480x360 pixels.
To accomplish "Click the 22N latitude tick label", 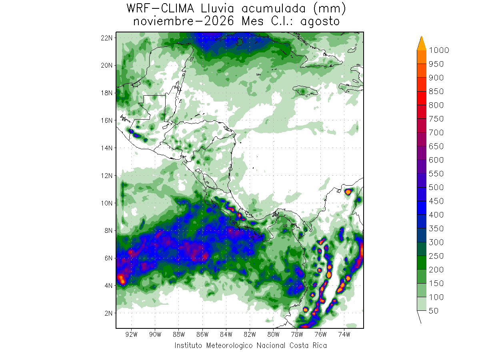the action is pos(106,38).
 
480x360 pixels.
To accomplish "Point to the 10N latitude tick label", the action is pos(106,203).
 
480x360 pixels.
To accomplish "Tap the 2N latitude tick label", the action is pos(108,314).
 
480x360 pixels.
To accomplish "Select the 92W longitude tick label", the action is pos(132,334).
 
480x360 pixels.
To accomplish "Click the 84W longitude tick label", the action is pos(226,334).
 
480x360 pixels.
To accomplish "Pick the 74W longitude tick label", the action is pos(344,334).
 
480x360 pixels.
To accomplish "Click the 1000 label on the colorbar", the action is pos(439,50).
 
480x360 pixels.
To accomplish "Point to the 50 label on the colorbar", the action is pos(434,311).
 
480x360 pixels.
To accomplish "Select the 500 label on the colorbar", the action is pos(436,187).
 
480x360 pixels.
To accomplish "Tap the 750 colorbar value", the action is pos(436,119).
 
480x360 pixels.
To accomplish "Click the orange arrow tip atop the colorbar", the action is pos(422,36).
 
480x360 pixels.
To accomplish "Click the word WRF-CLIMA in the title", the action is pos(160,9).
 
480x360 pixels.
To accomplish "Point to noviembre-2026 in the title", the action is pos(184,21).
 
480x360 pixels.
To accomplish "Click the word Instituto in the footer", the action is pos(188,345).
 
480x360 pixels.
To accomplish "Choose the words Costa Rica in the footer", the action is pos(308,345).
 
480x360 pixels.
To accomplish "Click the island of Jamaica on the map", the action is pos(305,90).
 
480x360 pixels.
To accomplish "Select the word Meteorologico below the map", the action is pos(229,346).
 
